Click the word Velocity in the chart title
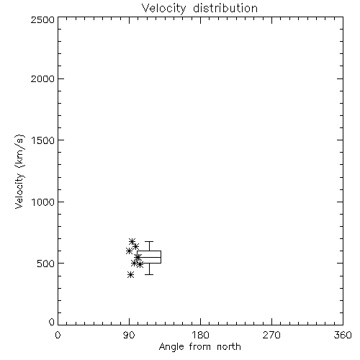point(164,9)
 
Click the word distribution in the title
point(225,8)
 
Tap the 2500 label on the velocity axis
point(43,19)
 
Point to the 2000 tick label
point(43,78)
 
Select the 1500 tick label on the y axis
point(43,140)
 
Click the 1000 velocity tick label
point(43,202)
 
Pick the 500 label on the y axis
point(46,264)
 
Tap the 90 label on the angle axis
point(129,335)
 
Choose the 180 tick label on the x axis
point(200,335)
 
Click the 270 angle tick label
point(271,335)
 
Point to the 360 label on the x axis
point(343,335)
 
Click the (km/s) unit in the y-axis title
point(19,151)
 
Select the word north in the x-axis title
point(229,347)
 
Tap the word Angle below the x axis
point(171,347)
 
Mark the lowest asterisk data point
point(130,275)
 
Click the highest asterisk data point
point(132,241)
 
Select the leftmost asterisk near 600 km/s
point(129,251)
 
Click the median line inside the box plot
point(149,257)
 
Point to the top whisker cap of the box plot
point(149,241)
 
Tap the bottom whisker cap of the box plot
point(149,274)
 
